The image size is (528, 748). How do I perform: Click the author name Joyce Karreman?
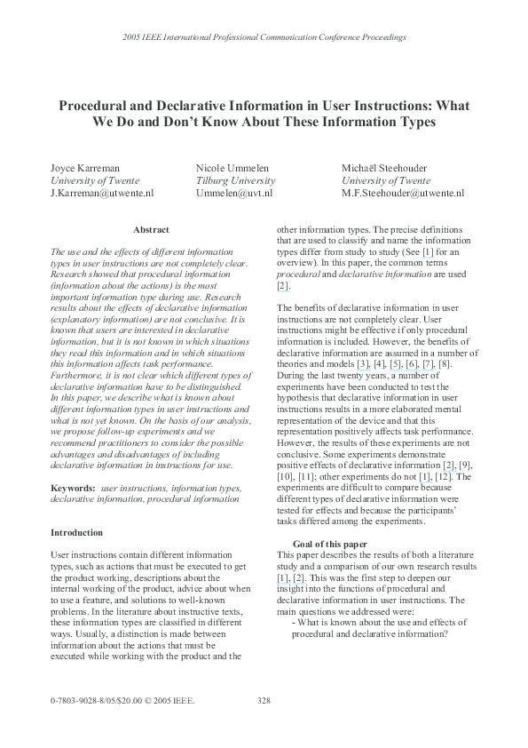pyautogui.click(x=84, y=167)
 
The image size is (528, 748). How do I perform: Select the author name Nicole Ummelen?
pyautogui.click(x=232, y=167)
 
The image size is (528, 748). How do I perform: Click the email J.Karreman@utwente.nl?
pyautogui.click(x=102, y=192)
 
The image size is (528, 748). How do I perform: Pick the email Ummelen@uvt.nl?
pyautogui.click(x=234, y=192)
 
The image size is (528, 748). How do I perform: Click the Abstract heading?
pyautogui.click(x=150, y=230)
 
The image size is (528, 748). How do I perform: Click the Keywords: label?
pyautogui.click(x=73, y=488)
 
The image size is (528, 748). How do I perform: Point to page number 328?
pyautogui.click(x=264, y=701)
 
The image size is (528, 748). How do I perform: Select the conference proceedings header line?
pyautogui.click(x=264, y=38)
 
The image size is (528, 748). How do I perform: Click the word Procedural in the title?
pyautogui.click(x=95, y=106)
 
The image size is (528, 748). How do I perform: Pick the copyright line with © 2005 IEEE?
pyautogui.click(x=122, y=701)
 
